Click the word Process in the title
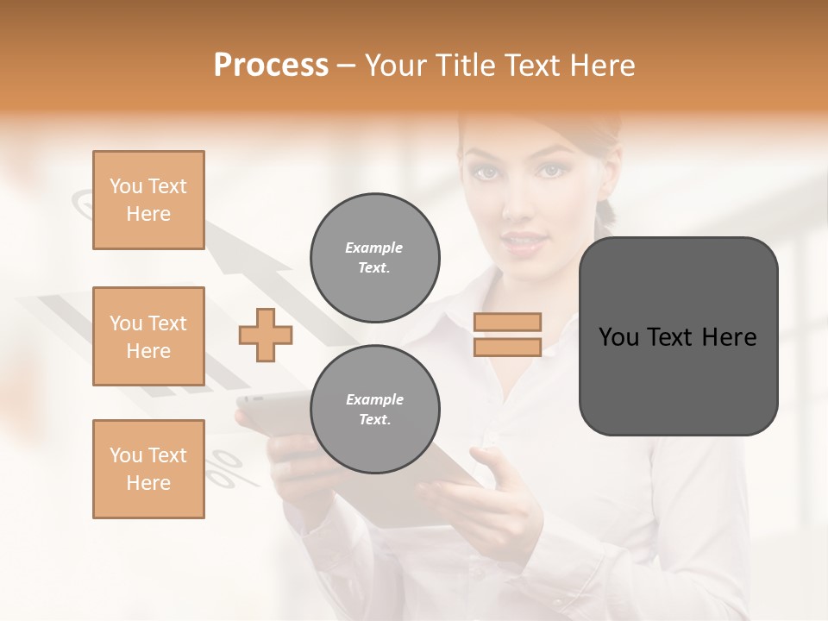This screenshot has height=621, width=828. coord(271,66)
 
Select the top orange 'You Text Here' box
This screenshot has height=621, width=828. coord(148,200)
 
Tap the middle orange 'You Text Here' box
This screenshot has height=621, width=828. coord(148,336)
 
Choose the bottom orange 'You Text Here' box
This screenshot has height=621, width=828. coord(148,469)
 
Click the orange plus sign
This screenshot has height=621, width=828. coord(266,335)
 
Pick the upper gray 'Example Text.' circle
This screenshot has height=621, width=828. coord(375,258)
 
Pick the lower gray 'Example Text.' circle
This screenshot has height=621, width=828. coord(375,410)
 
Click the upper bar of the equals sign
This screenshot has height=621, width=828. coord(507,323)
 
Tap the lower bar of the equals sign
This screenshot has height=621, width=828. coord(507,347)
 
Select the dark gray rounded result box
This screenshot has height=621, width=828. coord(678,336)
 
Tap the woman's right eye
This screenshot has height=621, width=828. coord(488,172)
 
